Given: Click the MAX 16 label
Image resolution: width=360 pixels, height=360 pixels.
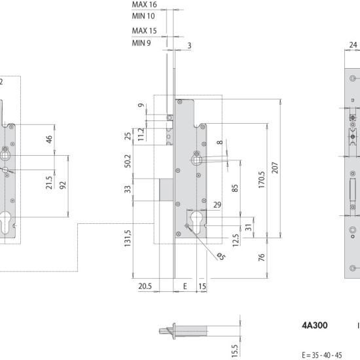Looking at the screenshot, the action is click(144, 5).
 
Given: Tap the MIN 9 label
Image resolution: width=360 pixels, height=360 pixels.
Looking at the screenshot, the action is click(141, 43).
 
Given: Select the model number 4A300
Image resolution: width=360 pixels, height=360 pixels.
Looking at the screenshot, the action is click(315, 325).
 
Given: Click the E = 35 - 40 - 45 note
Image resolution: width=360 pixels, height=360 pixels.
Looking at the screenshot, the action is click(322, 355).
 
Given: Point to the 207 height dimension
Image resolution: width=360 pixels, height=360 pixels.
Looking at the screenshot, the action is click(275, 168).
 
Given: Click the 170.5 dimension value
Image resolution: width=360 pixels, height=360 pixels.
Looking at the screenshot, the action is click(262, 180).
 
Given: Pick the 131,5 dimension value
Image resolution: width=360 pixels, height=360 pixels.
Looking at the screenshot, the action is click(128, 238).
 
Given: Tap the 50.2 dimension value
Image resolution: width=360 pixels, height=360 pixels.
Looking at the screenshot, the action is click(128, 161).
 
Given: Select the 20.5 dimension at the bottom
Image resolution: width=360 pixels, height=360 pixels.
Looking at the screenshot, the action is click(145, 286).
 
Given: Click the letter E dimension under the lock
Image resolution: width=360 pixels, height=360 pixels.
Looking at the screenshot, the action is click(185, 286).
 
